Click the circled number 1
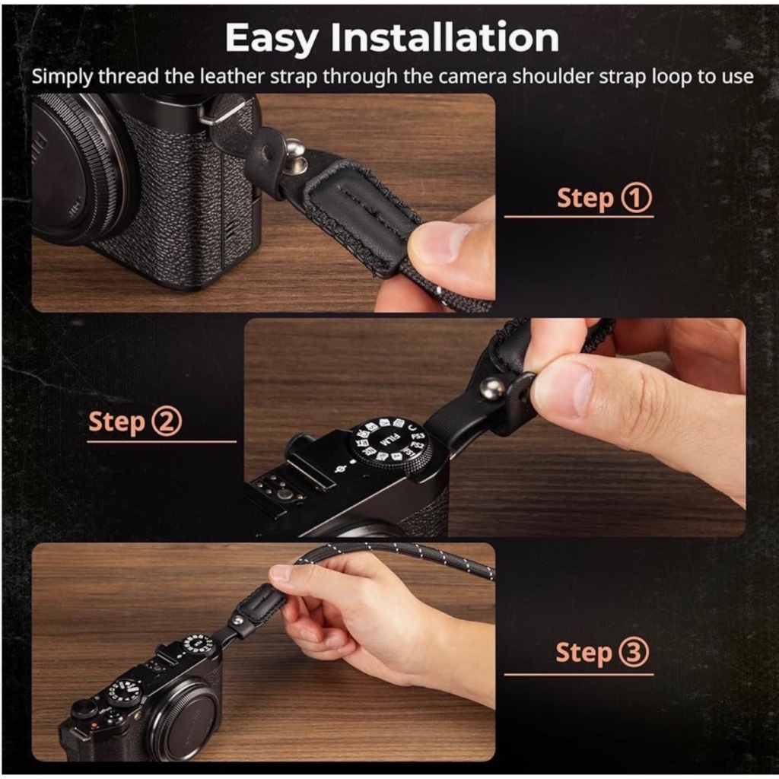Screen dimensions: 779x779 tap(638, 198)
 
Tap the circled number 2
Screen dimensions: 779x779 tap(167, 421)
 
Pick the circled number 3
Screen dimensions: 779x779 tap(634, 653)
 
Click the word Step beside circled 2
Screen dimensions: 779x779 tap(116, 421)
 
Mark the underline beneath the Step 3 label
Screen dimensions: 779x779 tap(578, 674)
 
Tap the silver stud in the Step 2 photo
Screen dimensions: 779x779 tap(494, 389)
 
